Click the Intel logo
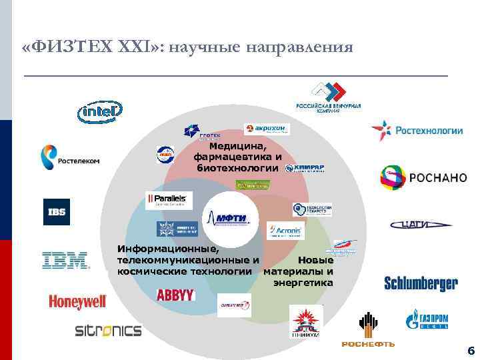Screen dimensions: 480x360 click(100, 113)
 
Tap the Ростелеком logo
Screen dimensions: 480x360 click(69, 158)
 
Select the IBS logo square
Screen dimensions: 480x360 click(56, 212)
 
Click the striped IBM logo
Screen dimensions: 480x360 click(66, 260)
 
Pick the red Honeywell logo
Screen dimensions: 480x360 click(77, 302)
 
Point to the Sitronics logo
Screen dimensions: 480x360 click(108, 331)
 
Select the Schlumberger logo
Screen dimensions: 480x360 click(421, 283)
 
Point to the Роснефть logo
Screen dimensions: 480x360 click(368, 330)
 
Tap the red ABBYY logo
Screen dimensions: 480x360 click(175, 294)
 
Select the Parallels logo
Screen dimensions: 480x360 click(169, 200)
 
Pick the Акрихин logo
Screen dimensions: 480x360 click(267, 129)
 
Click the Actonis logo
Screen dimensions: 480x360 click(285, 231)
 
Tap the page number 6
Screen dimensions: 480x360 click(471, 351)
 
